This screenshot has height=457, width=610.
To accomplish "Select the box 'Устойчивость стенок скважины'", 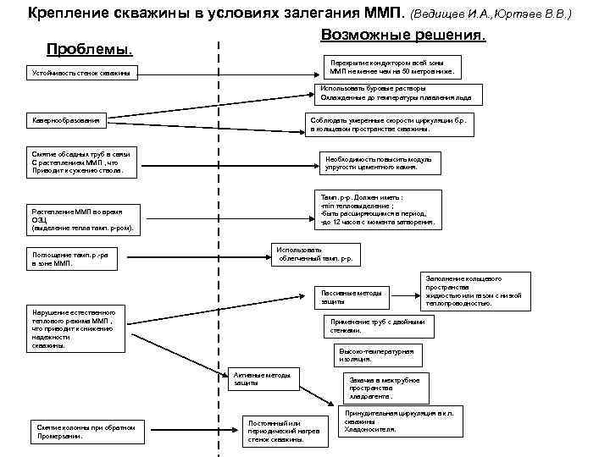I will pos(81,74).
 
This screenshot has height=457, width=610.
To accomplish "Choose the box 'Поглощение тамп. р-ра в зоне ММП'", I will pos(72,259).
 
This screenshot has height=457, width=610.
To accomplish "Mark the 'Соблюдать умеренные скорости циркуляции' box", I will pos(394,125).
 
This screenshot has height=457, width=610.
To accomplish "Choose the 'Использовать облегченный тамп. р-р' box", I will pos(315,255).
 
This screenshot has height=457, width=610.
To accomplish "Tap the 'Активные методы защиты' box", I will pos(263,379).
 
